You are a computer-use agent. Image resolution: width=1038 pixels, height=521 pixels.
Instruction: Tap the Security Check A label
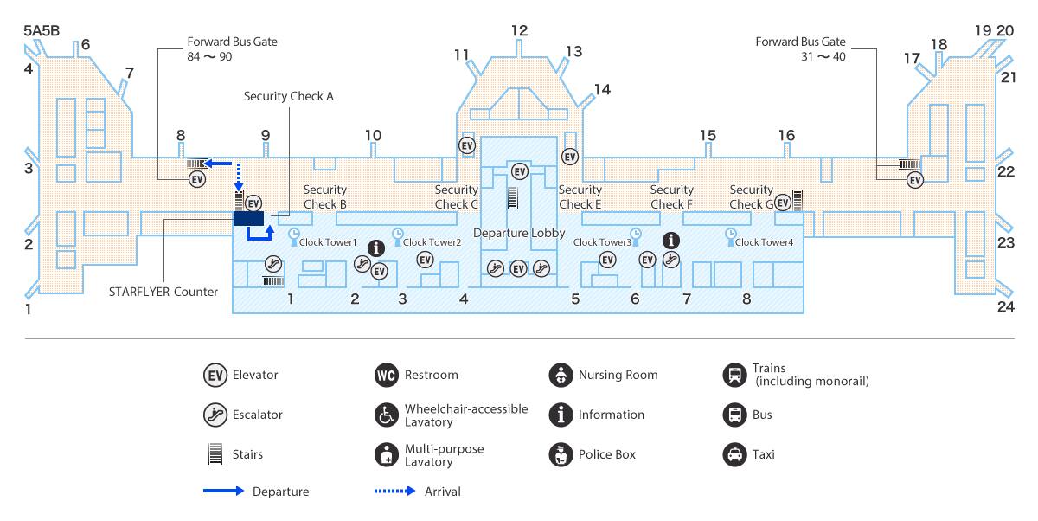(288, 96)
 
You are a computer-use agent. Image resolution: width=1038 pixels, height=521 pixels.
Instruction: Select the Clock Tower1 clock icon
(293, 234)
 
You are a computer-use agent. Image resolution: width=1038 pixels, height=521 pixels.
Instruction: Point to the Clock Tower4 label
(764, 242)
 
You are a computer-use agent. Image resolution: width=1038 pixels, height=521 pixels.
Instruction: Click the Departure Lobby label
(519, 233)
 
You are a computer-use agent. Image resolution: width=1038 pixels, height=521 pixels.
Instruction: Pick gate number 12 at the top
(519, 31)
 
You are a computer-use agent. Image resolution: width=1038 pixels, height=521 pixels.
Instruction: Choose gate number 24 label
(1005, 306)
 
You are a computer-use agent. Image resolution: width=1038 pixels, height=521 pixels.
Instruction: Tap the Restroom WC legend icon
(385, 376)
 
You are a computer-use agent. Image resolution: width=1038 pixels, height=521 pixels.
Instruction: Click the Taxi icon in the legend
(734, 454)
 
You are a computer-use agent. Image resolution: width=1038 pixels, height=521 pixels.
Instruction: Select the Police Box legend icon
(561, 454)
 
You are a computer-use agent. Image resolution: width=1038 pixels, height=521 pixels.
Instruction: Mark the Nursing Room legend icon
(561, 376)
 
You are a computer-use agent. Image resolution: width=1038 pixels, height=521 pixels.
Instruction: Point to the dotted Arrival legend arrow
(394, 492)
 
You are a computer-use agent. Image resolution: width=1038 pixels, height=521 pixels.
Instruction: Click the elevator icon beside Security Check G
(782, 202)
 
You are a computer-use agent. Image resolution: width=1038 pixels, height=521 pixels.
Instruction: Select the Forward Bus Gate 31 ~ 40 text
(800, 49)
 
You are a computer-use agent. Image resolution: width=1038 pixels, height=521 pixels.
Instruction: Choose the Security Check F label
(671, 196)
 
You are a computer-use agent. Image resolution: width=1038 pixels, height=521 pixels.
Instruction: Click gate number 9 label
(266, 135)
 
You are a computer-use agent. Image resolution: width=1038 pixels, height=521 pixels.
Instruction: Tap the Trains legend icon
(734, 376)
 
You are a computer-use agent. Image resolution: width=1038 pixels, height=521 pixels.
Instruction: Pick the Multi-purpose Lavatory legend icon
(385, 454)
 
